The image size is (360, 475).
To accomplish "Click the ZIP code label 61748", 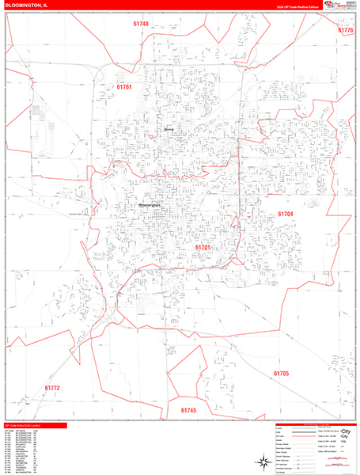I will point(141,24).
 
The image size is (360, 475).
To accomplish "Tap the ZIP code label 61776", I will point(346,30).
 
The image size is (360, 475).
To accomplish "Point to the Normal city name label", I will point(169,129).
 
